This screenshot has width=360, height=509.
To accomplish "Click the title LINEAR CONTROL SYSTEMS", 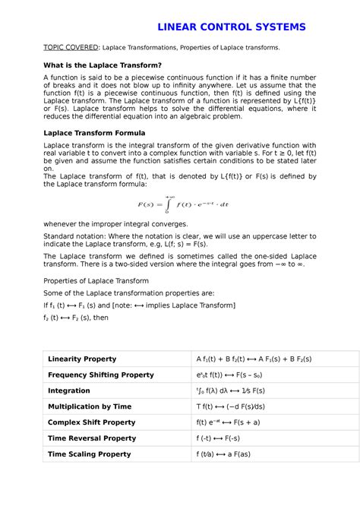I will pos(231,27).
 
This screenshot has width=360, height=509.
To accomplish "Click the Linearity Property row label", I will pos(82,359).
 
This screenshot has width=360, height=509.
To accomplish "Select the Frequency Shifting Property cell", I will pos(100,375).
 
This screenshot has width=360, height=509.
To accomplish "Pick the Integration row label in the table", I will pos(68,390).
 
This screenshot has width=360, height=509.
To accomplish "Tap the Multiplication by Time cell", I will pos(90,406).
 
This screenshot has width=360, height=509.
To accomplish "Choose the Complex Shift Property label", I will pos(91,422).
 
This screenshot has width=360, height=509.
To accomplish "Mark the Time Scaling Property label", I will pos(89,454).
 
